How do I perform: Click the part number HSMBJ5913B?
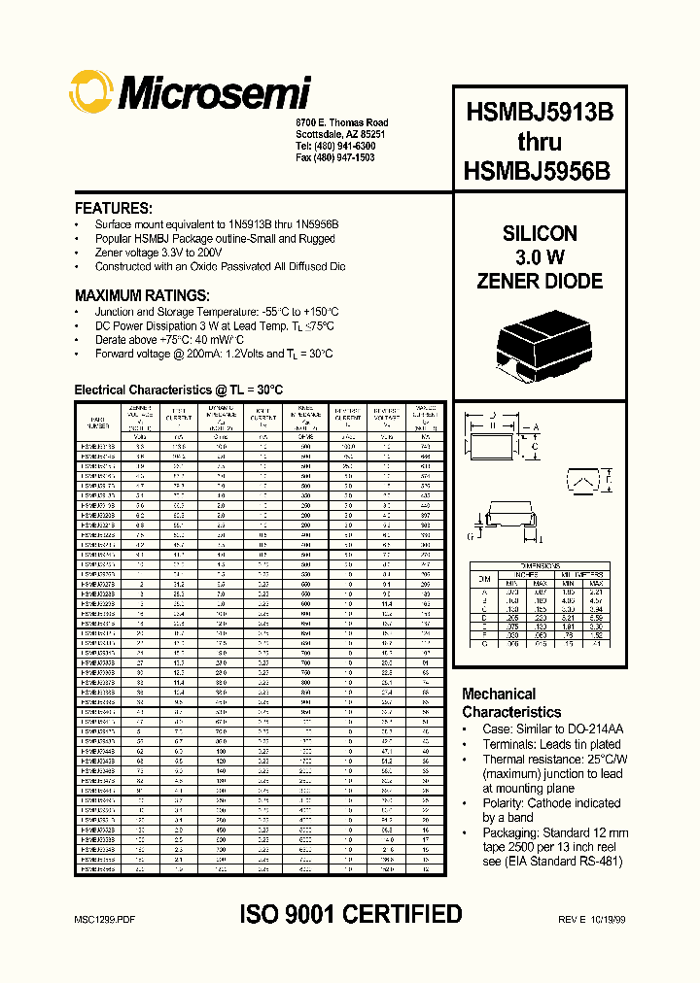click(x=539, y=111)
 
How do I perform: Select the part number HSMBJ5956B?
click(x=539, y=170)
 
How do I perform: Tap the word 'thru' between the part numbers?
click(x=539, y=141)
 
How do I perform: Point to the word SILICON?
click(x=540, y=234)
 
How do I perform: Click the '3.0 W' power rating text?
click(x=540, y=257)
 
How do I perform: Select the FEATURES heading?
click(x=114, y=208)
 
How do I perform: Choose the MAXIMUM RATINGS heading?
click(x=142, y=295)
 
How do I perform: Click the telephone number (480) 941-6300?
click(x=334, y=145)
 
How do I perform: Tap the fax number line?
click(x=334, y=156)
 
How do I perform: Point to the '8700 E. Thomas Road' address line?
click(x=341, y=122)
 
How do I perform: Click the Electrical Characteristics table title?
click(x=179, y=390)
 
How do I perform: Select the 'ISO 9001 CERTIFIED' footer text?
click(x=350, y=914)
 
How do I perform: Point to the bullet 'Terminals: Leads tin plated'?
click(x=551, y=743)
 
